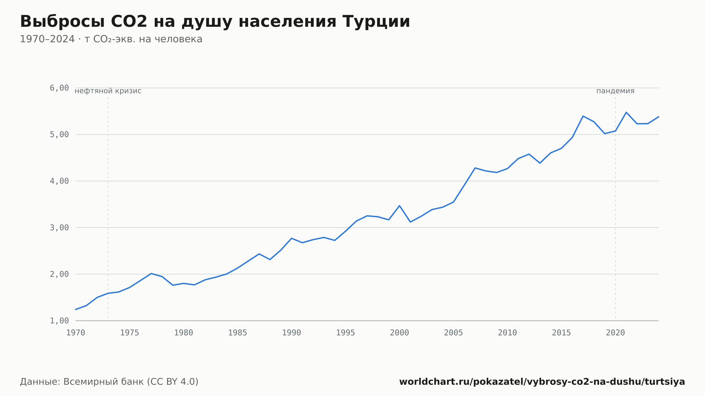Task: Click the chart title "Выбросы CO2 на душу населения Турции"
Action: click(215, 21)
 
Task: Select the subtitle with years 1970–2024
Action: click(111, 39)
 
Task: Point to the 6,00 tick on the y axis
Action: click(59, 88)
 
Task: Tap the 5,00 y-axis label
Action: click(59, 134)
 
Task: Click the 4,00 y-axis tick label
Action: click(59, 181)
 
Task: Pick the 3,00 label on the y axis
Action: click(59, 228)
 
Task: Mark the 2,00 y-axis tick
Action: click(59, 274)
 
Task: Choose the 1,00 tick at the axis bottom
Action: click(59, 321)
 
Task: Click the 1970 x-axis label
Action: click(76, 333)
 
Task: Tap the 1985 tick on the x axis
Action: click(238, 333)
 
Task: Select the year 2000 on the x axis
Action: click(399, 333)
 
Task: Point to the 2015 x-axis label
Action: click(562, 333)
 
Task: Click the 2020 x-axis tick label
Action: click(615, 333)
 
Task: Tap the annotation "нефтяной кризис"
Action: click(108, 91)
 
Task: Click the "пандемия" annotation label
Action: click(615, 91)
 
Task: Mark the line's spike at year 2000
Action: click(399, 205)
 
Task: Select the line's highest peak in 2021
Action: click(626, 112)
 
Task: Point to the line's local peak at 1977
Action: click(151, 273)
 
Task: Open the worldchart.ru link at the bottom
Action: click(542, 382)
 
